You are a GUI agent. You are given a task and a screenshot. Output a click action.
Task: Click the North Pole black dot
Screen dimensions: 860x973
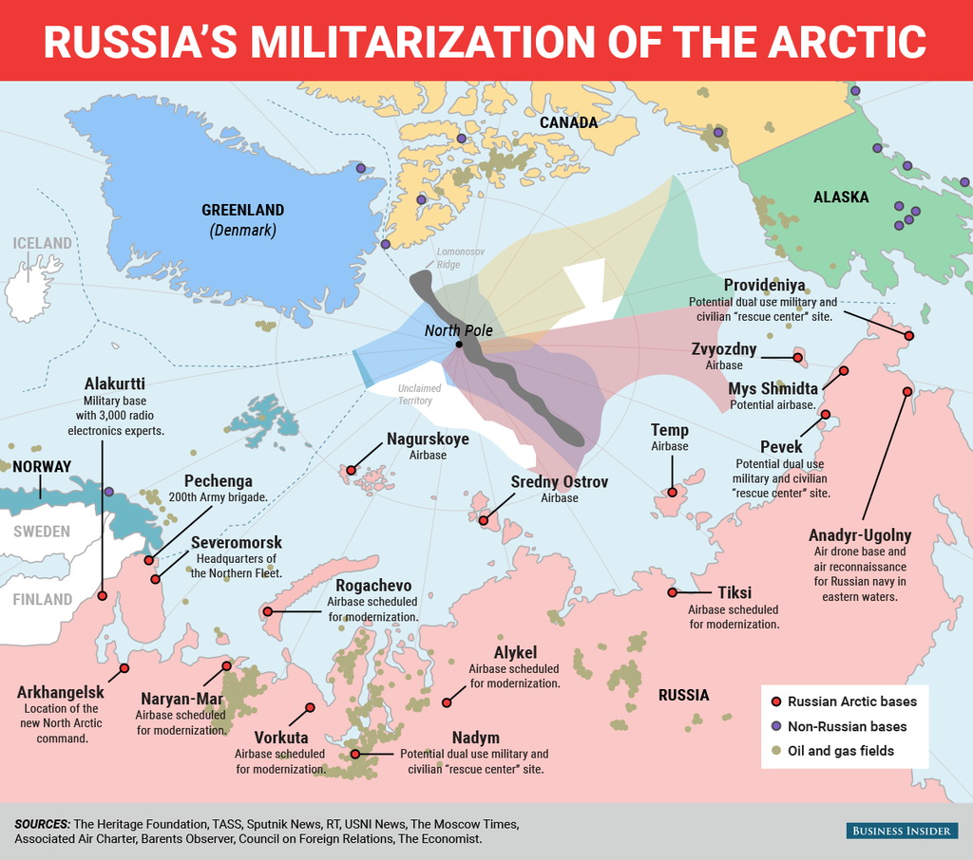pyautogui.click(x=459, y=345)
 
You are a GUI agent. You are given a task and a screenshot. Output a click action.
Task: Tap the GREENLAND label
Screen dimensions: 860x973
pyautogui.click(x=242, y=210)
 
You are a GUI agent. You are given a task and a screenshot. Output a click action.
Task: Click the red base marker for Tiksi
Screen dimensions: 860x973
pyautogui.click(x=672, y=592)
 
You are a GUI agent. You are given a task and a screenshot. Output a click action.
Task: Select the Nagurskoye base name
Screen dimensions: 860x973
pyautogui.click(x=428, y=439)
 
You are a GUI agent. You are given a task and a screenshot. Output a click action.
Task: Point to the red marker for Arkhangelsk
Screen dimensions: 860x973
pyautogui.click(x=124, y=668)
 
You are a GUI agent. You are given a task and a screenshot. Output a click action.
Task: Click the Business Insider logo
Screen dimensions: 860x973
pyautogui.click(x=899, y=832)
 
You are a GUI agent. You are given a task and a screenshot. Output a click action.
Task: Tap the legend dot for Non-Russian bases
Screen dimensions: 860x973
pyautogui.click(x=776, y=726)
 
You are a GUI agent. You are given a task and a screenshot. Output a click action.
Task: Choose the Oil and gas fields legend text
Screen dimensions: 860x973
pyautogui.click(x=841, y=751)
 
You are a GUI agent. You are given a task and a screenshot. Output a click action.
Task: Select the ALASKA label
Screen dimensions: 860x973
pyautogui.click(x=841, y=197)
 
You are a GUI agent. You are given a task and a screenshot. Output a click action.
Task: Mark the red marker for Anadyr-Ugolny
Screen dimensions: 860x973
pyautogui.click(x=907, y=391)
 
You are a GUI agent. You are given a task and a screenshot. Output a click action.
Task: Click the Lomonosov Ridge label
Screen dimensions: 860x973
pyautogui.click(x=461, y=257)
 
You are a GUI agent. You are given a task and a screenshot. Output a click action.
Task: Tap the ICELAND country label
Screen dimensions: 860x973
pyautogui.click(x=42, y=243)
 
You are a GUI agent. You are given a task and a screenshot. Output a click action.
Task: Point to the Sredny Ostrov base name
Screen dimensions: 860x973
pyautogui.click(x=560, y=482)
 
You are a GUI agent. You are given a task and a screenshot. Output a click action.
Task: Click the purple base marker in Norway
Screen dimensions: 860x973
pyautogui.click(x=109, y=492)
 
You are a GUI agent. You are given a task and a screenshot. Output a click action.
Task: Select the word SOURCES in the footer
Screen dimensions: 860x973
pyautogui.click(x=42, y=823)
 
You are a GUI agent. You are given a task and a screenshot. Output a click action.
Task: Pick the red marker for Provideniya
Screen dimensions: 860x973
pyautogui.click(x=908, y=336)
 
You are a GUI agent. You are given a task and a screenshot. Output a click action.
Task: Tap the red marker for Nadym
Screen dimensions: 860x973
pyautogui.click(x=356, y=754)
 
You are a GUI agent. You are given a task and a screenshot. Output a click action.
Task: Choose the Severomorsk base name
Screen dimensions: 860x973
pyautogui.click(x=237, y=542)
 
